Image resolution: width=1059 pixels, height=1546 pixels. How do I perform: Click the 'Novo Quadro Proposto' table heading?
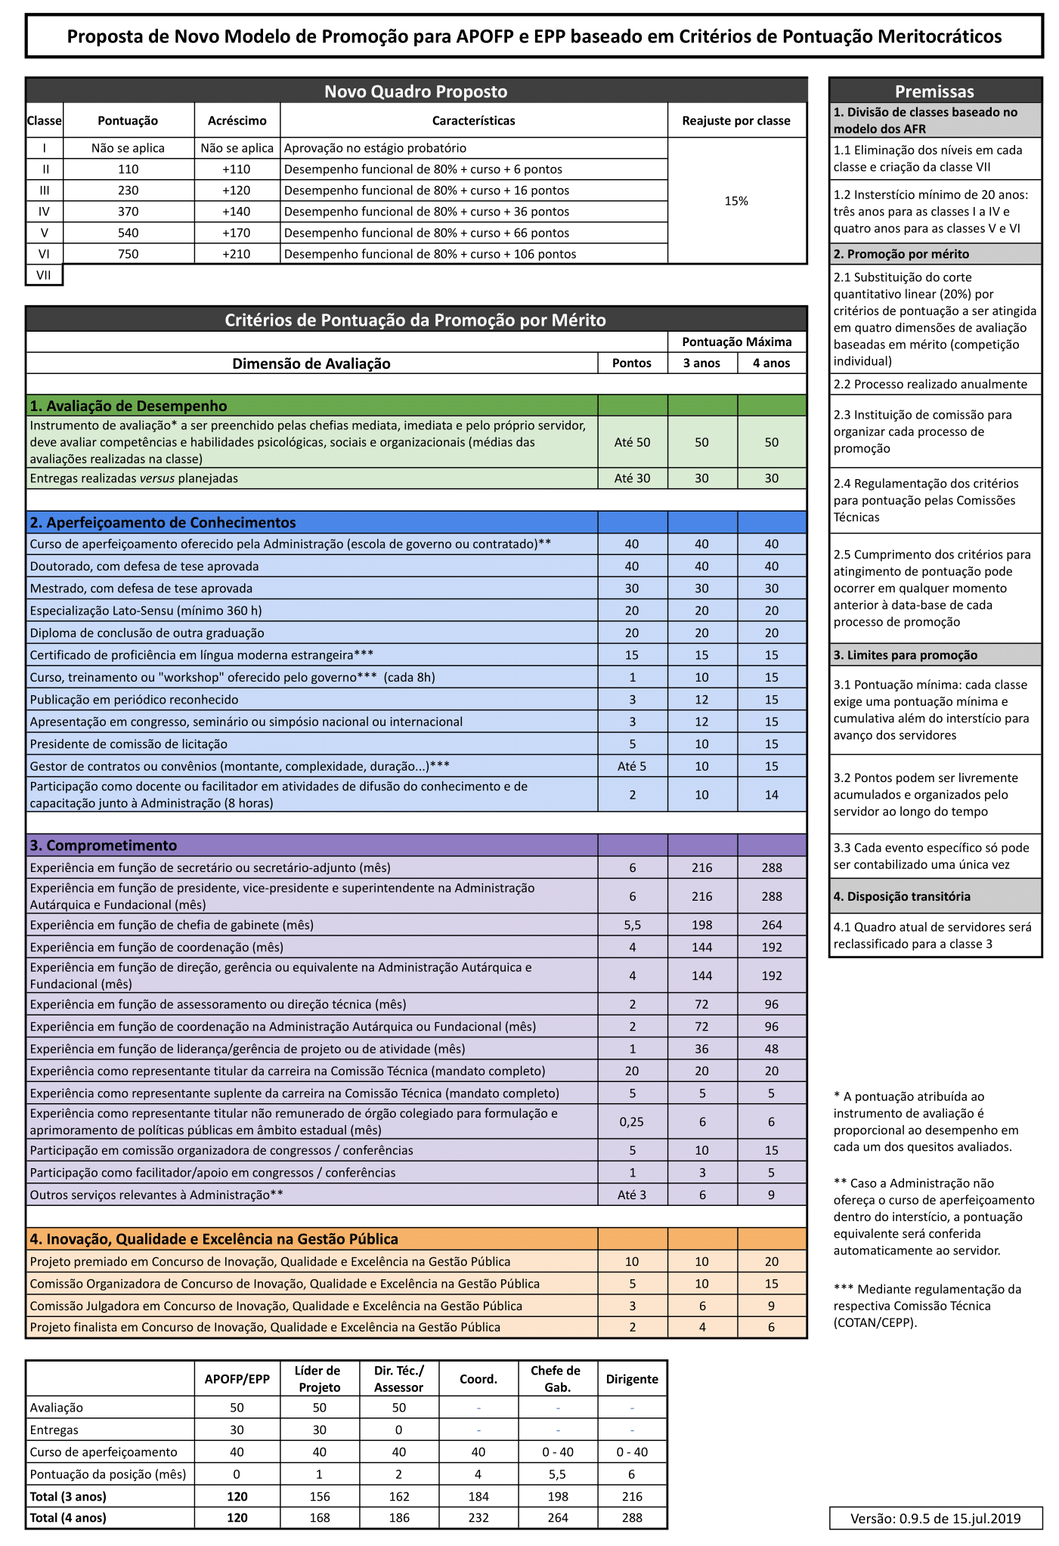pyautogui.click(x=416, y=91)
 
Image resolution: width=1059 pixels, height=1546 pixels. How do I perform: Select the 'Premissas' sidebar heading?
pyautogui.click(x=934, y=91)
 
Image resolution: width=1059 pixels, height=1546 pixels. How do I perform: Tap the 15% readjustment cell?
pyautogui.click(x=736, y=201)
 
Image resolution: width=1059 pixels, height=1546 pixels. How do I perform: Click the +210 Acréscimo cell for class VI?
pyautogui.click(x=237, y=254)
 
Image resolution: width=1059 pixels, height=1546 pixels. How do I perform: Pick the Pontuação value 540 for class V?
pyautogui.click(x=129, y=233)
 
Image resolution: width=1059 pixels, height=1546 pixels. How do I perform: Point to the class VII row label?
pyautogui.click(x=44, y=275)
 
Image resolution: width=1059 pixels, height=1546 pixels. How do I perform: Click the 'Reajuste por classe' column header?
pyautogui.click(x=736, y=121)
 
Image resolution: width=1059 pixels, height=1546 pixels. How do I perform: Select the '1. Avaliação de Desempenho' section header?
pyautogui.click(x=129, y=406)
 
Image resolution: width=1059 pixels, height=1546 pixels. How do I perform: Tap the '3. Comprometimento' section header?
pyautogui.click(x=104, y=846)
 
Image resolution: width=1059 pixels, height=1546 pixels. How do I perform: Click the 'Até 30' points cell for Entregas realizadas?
pyautogui.click(x=632, y=478)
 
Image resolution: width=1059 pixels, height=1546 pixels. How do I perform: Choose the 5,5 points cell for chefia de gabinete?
pyautogui.click(x=632, y=925)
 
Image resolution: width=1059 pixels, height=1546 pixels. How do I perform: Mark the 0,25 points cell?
pyautogui.click(x=632, y=1122)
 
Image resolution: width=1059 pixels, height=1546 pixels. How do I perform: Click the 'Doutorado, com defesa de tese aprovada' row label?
pyautogui.click(x=144, y=567)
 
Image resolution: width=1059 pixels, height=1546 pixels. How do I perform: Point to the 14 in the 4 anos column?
pyautogui.click(x=771, y=795)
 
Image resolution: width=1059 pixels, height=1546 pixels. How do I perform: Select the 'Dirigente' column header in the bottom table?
pyautogui.click(x=632, y=1379)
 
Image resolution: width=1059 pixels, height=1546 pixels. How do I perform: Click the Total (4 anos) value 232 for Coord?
pyautogui.click(x=478, y=1517)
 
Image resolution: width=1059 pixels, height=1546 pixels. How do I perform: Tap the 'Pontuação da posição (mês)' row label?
pyautogui.click(x=108, y=1473)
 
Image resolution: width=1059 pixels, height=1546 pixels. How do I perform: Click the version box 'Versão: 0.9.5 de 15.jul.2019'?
pyautogui.click(x=935, y=1518)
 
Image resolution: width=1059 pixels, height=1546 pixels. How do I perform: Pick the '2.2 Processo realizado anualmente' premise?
pyautogui.click(x=930, y=385)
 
